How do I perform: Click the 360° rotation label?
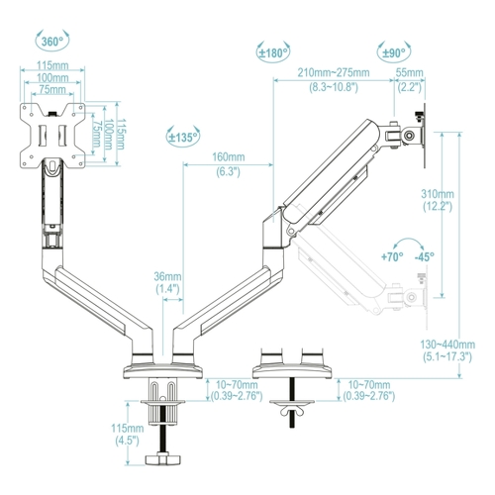point(52,42)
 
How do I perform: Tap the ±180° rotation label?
point(273,52)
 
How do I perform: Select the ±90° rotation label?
point(394,52)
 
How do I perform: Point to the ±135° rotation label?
point(183,138)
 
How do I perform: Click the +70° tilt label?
point(392,256)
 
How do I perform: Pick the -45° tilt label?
point(425,256)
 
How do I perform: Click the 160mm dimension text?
point(229,156)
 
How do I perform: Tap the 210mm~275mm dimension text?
point(334,72)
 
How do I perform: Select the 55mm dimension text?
point(409,72)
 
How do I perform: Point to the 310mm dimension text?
point(438,194)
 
